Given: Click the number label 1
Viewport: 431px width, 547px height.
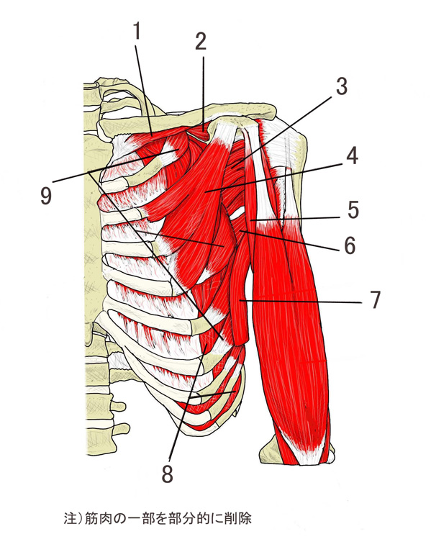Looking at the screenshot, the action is tap(137, 31).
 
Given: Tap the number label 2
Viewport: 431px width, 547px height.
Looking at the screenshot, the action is tap(201, 42).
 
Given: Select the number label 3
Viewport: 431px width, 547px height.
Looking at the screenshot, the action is tap(342, 86).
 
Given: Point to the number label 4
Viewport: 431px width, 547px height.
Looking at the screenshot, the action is tap(352, 155).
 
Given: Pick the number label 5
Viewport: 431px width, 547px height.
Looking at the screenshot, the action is tap(353, 210).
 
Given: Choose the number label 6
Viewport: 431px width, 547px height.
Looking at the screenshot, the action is tap(350, 245).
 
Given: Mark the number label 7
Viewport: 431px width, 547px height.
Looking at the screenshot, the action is tap(375, 299).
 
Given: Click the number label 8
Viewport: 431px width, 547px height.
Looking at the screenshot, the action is tap(168, 474).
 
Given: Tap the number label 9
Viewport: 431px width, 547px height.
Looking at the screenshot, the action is tap(46, 195).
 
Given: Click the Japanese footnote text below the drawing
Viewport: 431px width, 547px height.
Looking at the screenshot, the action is tap(158, 518).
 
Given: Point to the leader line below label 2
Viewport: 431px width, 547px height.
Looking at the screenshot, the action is tap(204, 94).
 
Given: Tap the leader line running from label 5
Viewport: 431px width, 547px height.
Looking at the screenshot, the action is tap(295, 219).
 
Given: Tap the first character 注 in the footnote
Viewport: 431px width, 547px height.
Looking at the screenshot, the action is tap(70, 518).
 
